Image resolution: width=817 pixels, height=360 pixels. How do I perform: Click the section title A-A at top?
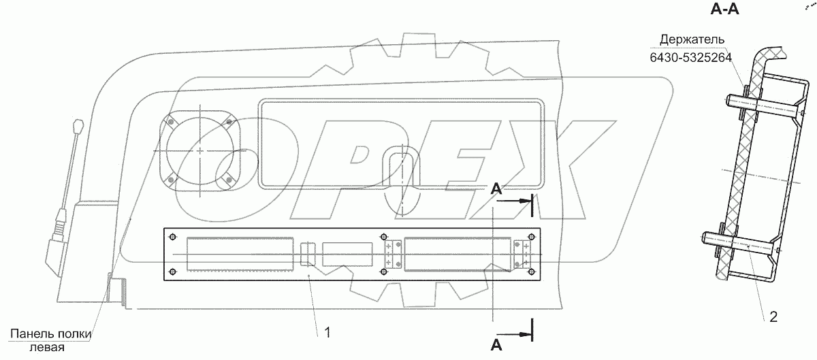coord(724,10)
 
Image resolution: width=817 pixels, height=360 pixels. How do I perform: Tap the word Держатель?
coord(692,39)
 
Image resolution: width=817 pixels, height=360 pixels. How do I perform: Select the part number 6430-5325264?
coord(691,58)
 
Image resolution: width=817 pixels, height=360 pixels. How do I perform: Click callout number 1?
coord(327,332)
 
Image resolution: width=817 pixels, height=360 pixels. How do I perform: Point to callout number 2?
coord(773,317)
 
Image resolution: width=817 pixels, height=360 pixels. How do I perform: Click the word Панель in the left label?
coord(31,333)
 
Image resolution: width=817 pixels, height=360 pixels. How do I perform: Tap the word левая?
coord(47,348)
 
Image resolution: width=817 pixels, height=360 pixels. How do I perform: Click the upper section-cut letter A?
coord(496,189)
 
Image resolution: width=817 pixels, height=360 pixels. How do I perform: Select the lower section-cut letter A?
coord(496,344)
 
